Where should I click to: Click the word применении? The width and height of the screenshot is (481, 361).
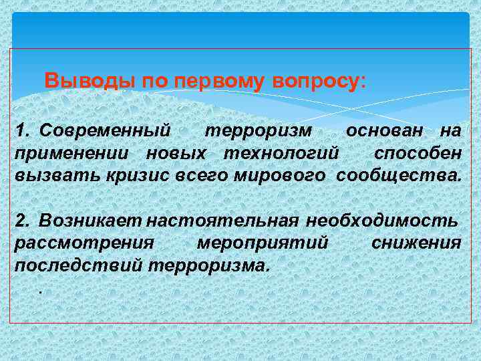click(x=74, y=152)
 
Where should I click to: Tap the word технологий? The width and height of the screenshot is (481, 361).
click(x=277, y=152)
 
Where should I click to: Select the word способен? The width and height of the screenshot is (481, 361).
click(x=417, y=152)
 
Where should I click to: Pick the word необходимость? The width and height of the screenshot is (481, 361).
click(x=382, y=219)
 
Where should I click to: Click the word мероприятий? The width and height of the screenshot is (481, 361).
click(x=263, y=241)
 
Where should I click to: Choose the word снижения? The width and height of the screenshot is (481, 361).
click(x=416, y=241)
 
